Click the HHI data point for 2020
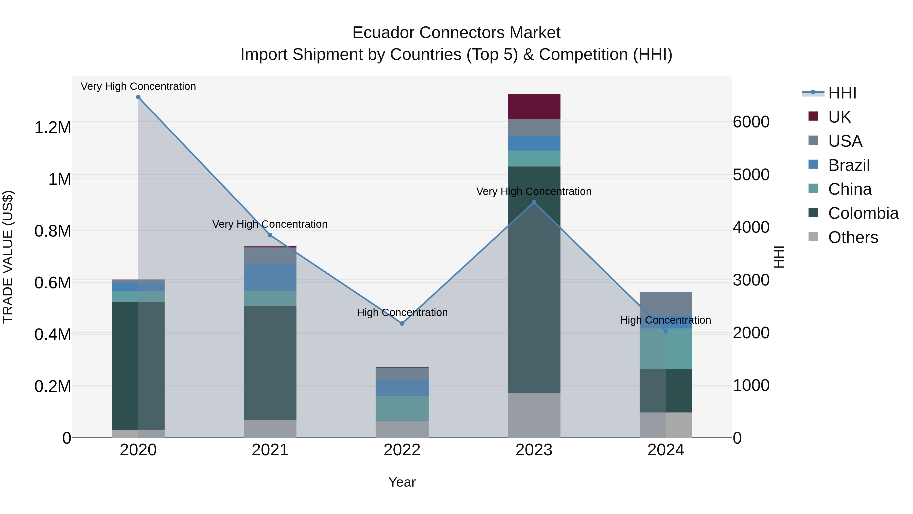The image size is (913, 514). (138, 97)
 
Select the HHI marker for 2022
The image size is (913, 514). (402, 324)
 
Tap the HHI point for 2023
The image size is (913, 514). (534, 203)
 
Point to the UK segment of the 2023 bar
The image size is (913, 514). (534, 107)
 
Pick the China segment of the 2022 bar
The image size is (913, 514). (402, 408)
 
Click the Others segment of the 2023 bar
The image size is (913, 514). (534, 415)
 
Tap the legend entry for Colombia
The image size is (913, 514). (863, 213)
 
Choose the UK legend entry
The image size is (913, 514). (839, 117)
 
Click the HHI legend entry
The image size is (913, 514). (842, 93)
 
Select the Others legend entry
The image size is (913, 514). (853, 237)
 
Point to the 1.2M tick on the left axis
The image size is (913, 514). (53, 127)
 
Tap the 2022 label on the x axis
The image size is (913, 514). (402, 450)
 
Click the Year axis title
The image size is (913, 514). (402, 482)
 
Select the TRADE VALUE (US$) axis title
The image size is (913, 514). (8, 257)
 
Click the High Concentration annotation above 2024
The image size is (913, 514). (665, 320)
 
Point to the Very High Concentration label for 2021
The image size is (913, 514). (270, 224)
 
